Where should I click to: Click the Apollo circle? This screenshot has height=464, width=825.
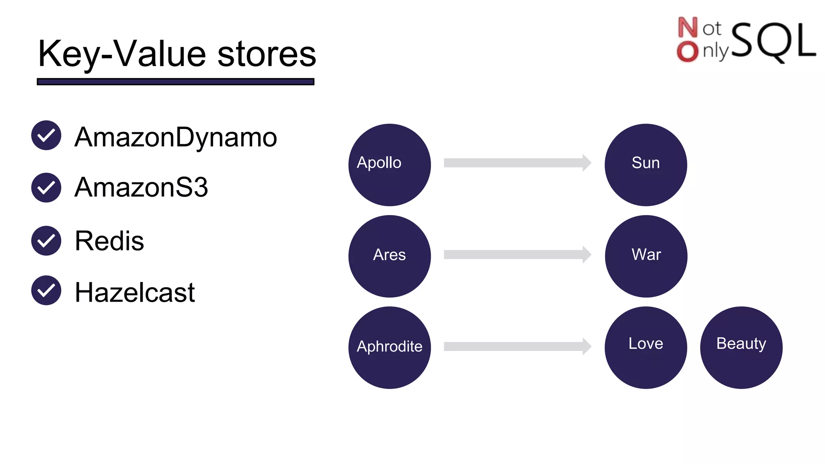pyautogui.click(x=389, y=165)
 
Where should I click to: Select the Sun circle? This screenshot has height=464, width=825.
pyautogui.click(x=645, y=165)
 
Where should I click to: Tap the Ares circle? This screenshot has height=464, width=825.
pyautogui.click(x=389, y=256)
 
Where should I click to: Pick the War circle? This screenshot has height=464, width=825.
pyautogui.click(x=646, y=256)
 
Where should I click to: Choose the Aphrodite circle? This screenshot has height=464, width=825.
pyautogui.click(x=389, y=347)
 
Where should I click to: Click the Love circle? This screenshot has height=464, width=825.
pyautogui.click(x=645, y=347)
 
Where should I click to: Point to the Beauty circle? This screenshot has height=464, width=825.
pyautogui.click(x=741, y=347)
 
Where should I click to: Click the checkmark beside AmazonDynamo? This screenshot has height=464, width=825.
pyautogui.click(x=46, y=135)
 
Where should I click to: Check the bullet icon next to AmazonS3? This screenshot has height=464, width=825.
pyautogui.click(x=46, y=188)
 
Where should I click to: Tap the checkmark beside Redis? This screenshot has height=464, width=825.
pyautogui.click(x=46, y=240)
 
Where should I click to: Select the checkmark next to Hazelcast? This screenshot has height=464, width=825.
pyautogui.click(x=46, y=290)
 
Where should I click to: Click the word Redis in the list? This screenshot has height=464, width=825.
pyautogui.click(x=109, y=241)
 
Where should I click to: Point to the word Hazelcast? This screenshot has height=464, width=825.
pyautogui.click(x=135, y=292)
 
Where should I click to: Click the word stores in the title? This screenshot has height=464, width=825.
pyautogui.click(x=267, y=54)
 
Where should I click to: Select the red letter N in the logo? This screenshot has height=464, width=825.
pyautogui.click(x=687, y=27)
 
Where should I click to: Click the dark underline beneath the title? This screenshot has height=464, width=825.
pyautogui.click(x=175, y=82)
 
